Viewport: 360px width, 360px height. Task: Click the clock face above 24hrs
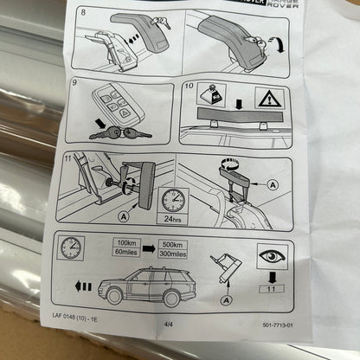172,199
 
